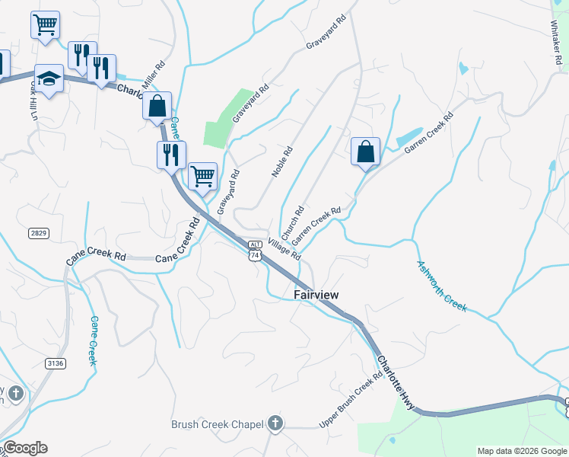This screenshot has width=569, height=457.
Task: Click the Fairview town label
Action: coord(316,294)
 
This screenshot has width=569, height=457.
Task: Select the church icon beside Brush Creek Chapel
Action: coord(275,423)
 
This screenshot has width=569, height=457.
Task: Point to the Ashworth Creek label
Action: coord(441,286)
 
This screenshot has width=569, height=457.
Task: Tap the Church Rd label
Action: coord(293,221)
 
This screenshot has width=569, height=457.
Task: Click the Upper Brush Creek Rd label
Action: coord(351,400)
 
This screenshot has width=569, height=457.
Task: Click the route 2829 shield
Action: coord(40,232)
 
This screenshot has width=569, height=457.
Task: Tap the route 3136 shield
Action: coord(55,364)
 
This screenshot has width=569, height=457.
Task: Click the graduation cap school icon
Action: coord(49,79)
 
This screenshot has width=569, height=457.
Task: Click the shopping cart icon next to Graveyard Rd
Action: coord(202,177)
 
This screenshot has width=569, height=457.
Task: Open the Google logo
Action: coord(24,448)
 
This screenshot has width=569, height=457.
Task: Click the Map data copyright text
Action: coord(520,451)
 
